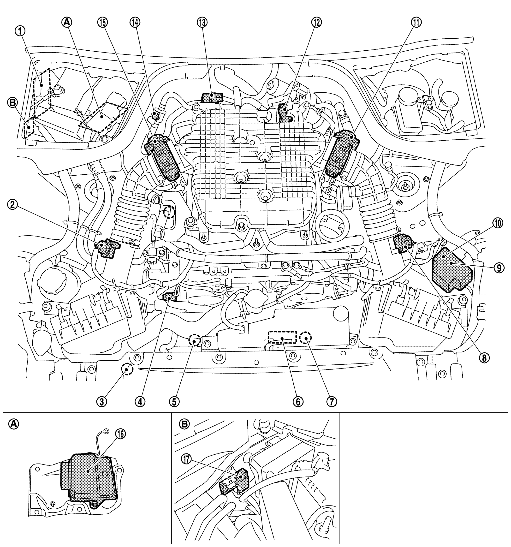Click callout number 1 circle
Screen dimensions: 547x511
click(20, 32)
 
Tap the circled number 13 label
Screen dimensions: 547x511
click(202, 23)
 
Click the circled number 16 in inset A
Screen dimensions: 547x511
click(120, 434)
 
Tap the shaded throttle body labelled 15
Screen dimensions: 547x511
click(162, 157)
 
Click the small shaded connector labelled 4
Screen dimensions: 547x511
click(169, 297)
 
